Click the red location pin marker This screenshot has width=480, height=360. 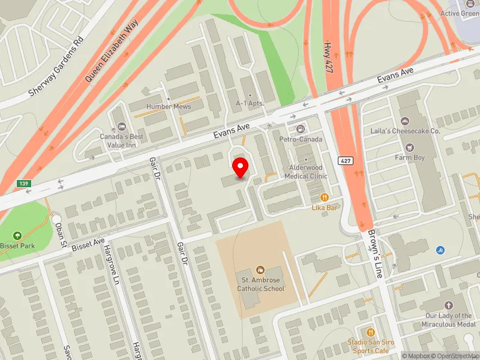(x=241, y=167)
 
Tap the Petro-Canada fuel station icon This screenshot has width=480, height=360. (x=300, y=128)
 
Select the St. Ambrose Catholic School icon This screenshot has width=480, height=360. (x=260, y=270)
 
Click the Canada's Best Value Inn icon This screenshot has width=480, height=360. (x=121, y=127)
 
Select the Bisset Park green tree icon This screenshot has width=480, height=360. (x=17, y=235)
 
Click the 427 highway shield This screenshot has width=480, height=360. (x=344, y=161)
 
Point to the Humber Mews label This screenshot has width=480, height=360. (x=169, y=107)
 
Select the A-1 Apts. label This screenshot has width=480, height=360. (x=250, y=103)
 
